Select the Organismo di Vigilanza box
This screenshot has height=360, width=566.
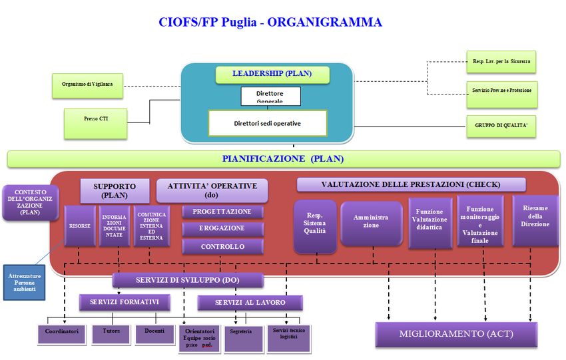[x=88, y=86]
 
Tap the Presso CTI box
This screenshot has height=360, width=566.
[x=96, y=124]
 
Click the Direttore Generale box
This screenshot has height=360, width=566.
[x=270, y=96]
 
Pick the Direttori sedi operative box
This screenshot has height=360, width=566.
[x=268, y=124]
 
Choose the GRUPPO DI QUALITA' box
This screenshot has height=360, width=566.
[x=501, y=125]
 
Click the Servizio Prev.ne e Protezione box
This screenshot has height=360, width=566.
[x=501, y=90]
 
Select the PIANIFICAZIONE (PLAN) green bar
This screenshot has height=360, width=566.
[x=284, y=159]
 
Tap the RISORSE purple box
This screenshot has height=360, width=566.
[x=79, y=226]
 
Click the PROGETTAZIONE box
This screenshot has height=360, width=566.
[x=222, y=212]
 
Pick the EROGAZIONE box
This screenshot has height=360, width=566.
[x=222, y=228]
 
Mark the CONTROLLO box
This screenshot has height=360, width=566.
[x=222, y=246]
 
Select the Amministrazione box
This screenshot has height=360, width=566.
[x=372, y=222]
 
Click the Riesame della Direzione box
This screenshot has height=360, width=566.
[x=535, y=220]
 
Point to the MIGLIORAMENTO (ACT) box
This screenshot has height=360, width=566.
[x=456, y=333]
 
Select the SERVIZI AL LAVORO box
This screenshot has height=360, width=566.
[x=250, y=303]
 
